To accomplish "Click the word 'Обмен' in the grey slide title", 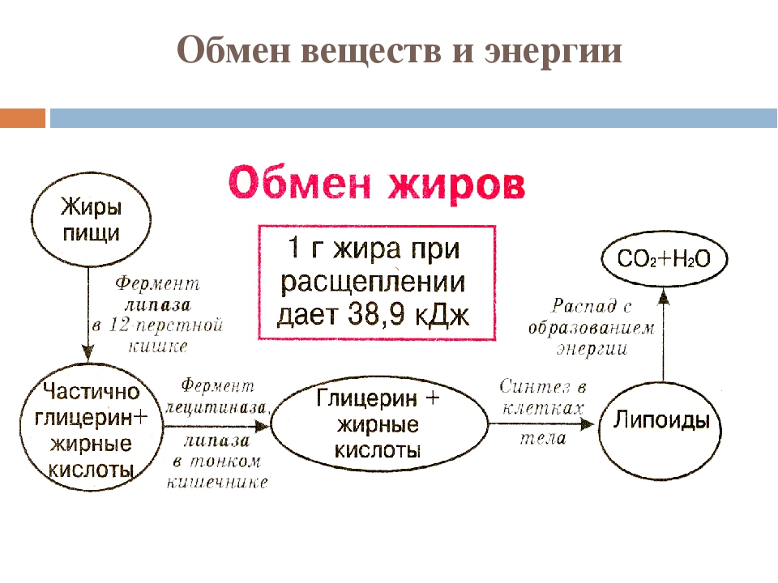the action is pos(233,49).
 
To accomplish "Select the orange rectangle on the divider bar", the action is pos(23,118).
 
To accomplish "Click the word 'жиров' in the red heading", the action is pos(456,185).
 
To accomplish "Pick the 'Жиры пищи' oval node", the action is pos(91,219).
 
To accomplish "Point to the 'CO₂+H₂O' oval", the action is pos(664,259).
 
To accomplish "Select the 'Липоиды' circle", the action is pos(660,424).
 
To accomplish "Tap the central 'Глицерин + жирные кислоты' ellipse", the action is pos(379,424).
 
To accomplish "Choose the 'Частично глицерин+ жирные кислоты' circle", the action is pos(92,428).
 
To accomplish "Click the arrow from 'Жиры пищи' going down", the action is pos(88,314).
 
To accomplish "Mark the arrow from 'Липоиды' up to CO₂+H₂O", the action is pos(664,336).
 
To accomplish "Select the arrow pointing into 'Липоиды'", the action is pos(541,424).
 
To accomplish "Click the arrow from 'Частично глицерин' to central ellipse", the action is pos(217,425).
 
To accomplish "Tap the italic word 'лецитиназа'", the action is pos(216,407).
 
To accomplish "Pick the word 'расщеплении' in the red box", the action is pos(373,283).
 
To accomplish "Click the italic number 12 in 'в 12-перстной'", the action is pos(119,325).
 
